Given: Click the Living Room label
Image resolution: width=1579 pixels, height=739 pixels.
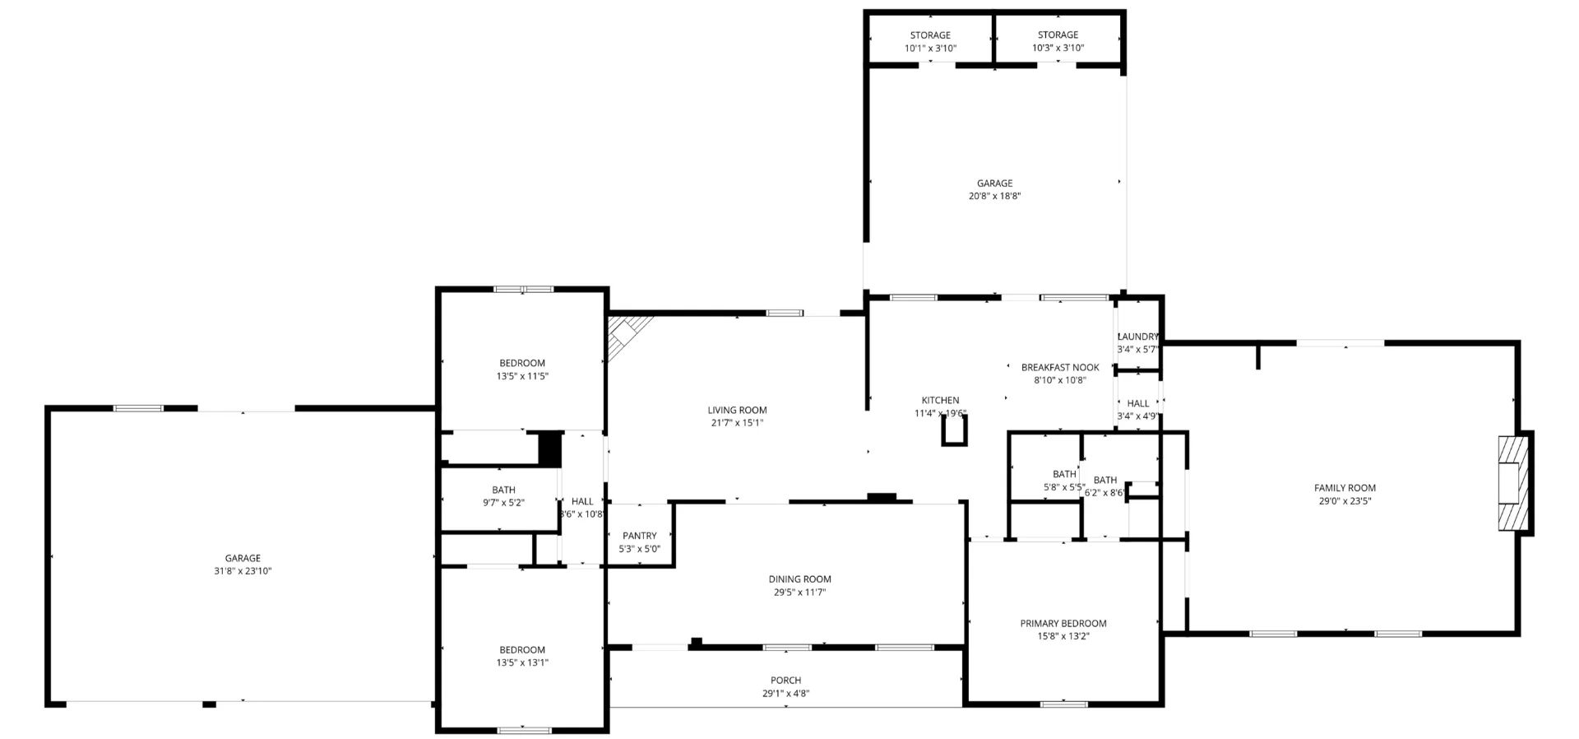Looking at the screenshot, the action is [x=737, y=410].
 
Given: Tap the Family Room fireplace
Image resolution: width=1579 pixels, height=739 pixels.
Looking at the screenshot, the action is [x=1513, y=483].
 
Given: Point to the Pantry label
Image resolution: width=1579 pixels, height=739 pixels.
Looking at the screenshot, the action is [x=639, y=536].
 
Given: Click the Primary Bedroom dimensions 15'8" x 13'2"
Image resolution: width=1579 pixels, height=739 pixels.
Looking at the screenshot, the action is [x=1063, y=636].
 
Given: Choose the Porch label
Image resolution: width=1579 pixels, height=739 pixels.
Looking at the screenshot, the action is [x=786, y=681].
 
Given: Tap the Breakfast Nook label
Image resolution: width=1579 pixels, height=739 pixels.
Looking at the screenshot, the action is [x=1060, y=368].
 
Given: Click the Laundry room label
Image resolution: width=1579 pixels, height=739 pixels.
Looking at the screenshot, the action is [x=1138, y=337].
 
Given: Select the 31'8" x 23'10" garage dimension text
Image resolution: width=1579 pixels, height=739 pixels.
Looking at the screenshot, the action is [x=243, y=571].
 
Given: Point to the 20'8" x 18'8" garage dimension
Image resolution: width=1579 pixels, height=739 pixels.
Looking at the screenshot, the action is [x=994, y=197].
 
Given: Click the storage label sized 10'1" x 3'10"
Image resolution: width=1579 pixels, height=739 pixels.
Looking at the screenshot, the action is [x=930, y=35].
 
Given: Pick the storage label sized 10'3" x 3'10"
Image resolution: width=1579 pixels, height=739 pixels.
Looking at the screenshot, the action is [x=1058, y=35].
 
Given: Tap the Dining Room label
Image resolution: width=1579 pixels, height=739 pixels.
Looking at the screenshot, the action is [x=799, y=579].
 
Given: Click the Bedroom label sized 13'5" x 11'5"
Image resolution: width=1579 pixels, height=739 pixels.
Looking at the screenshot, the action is [x=522, y=364].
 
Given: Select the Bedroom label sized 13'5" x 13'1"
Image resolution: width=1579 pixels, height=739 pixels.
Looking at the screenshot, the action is [x=522, y=650].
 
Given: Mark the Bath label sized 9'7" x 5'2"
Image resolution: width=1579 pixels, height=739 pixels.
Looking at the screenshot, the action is [x=503, y=490].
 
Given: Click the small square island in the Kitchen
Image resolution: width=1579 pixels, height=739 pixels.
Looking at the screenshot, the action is [x=955, y=430].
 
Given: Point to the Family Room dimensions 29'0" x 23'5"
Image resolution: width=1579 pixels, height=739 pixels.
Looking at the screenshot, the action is [x=1345, y=501].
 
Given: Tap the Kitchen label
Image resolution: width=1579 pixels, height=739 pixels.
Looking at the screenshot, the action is [x=940, y=401].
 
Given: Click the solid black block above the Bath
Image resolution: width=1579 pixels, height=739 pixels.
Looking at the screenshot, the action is [x=549, y=449].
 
